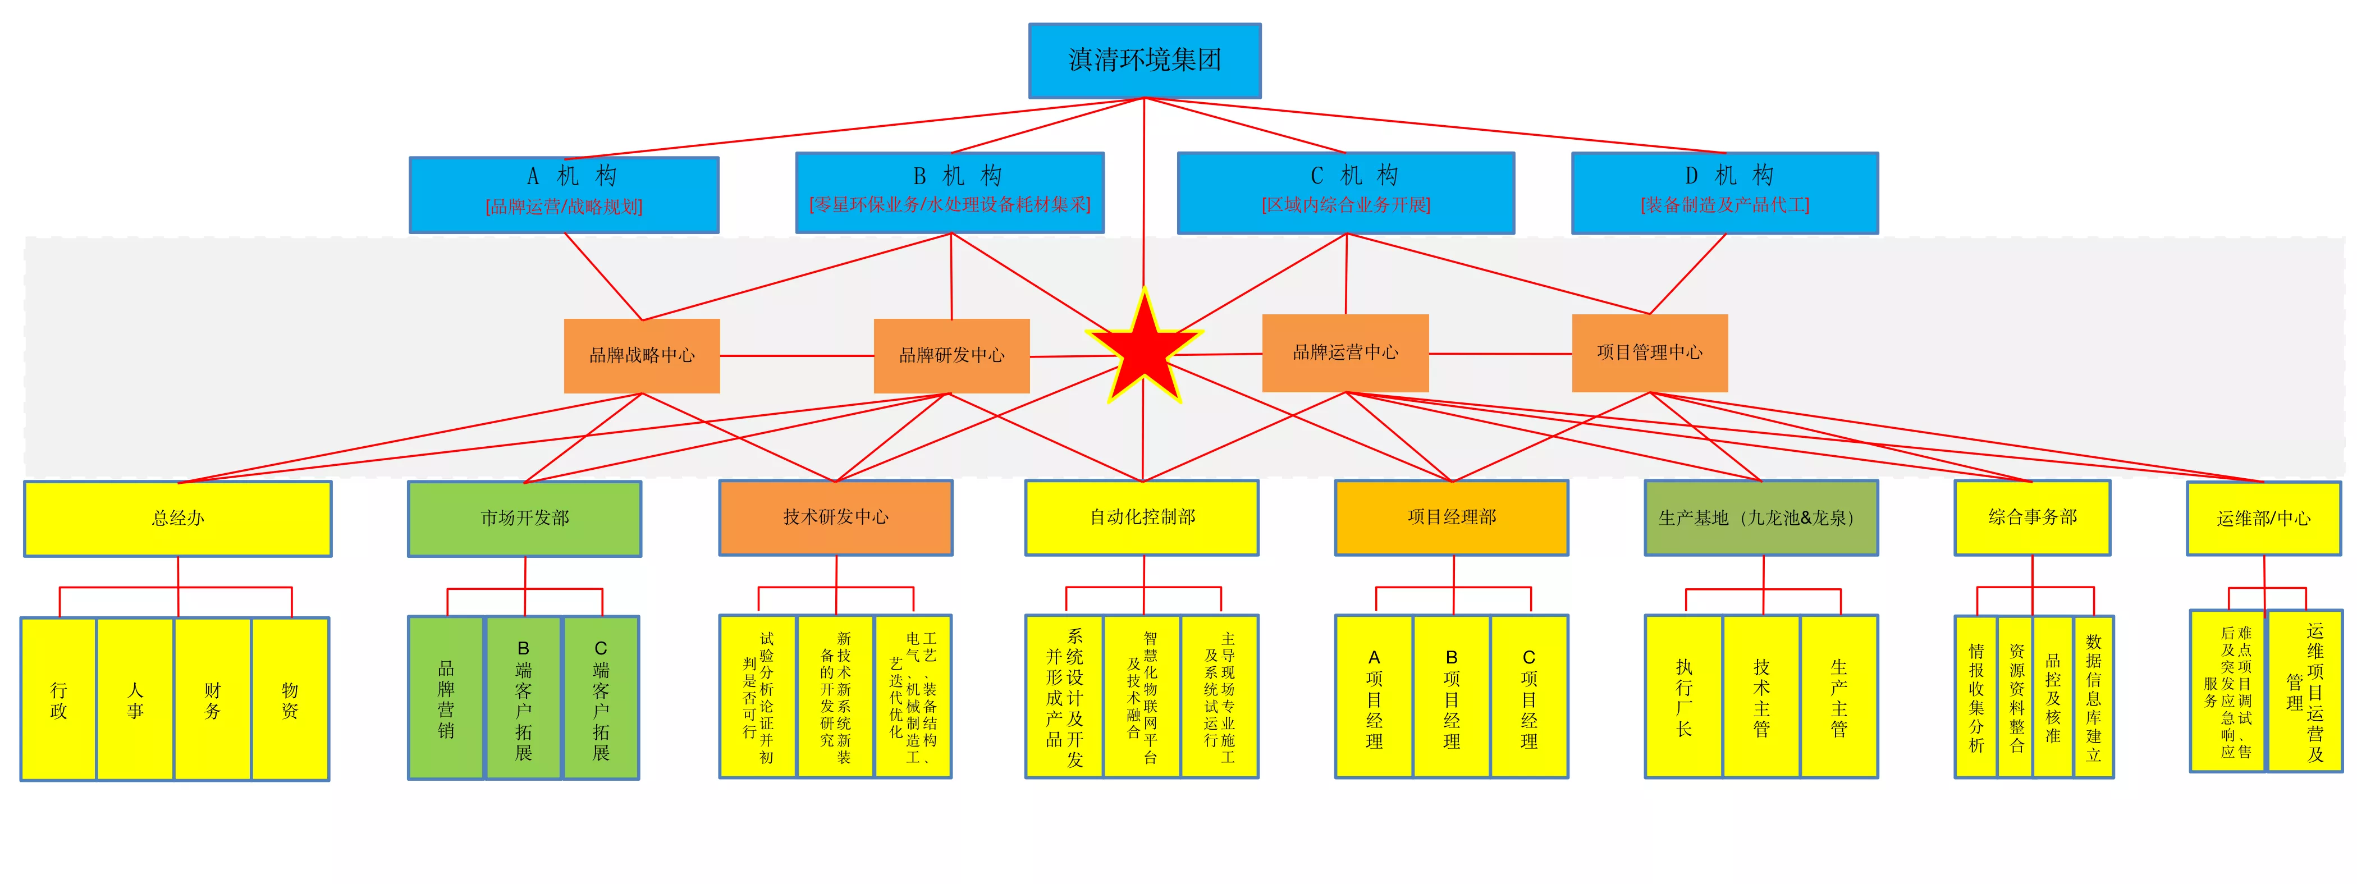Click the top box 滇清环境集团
[1145, 61]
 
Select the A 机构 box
[564, 194]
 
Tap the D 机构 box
[1725, 193]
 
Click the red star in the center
[1144, 348]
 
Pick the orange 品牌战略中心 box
[642, 356]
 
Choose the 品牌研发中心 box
[951, 356]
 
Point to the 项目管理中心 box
[1650, 353]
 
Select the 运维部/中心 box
[2264, 519]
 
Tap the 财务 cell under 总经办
[212, 699]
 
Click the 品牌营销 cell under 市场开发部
[446, 697]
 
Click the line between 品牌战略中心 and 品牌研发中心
[797, 356]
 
